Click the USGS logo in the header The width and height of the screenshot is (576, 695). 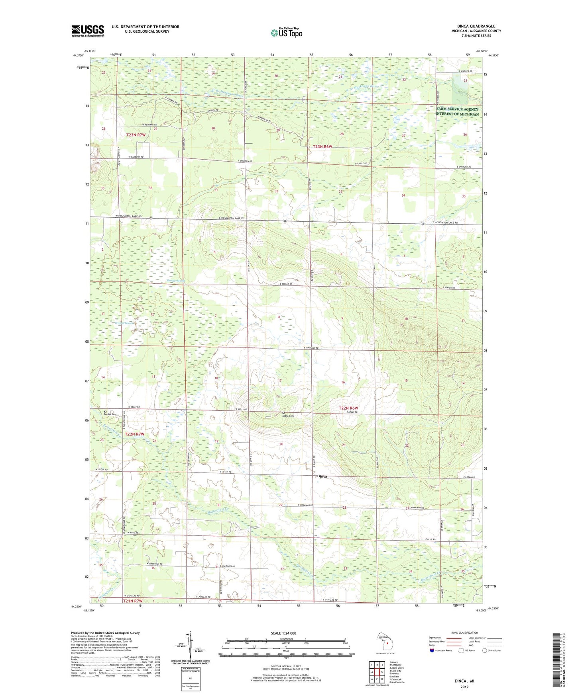[x=87, y=31]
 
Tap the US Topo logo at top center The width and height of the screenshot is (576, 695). [x=286, y=33]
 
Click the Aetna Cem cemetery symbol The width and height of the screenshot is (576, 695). [x=283, y=413]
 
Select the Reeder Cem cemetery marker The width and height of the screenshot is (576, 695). [x=105, y=412]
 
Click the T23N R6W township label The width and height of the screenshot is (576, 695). [x=322, y=146]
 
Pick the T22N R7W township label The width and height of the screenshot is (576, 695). [x=135, y=434]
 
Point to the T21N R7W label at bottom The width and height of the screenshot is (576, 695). [x=133, y=601]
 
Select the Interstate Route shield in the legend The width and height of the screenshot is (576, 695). [x=432, y=650]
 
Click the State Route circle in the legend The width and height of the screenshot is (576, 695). [x=484, y=650]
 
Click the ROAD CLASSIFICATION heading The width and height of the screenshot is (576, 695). [x=464, y=633]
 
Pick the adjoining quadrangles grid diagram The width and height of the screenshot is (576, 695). [x=376, y=673]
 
